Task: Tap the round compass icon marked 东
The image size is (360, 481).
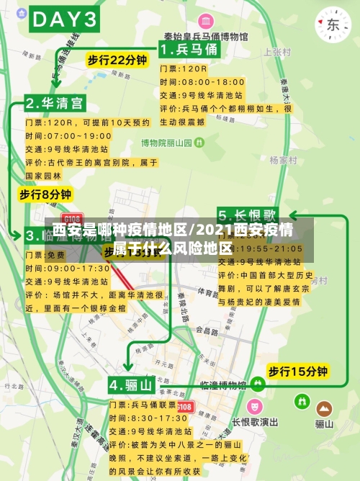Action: point(333,24)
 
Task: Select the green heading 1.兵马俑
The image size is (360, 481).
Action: point(188,50)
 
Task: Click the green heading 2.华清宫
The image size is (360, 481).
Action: point(55,102)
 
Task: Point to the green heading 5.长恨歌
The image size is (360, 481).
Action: point(247,215)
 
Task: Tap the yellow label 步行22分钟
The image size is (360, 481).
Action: point(117,60)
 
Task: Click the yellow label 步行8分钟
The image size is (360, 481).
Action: point(45,194)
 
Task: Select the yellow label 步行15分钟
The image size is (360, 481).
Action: point(297,372)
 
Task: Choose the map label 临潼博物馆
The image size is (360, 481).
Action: point(224,385)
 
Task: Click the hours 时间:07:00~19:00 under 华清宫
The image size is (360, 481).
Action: point(69,135)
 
